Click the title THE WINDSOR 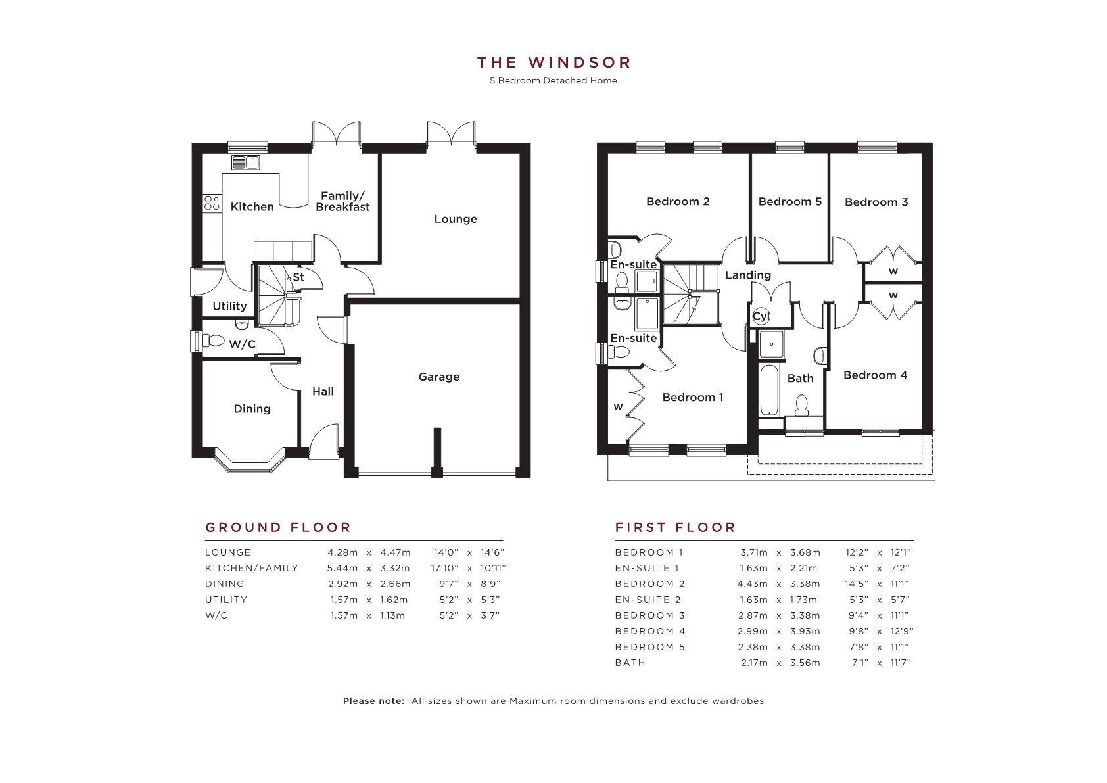553,62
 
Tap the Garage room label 439,377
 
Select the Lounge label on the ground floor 456,219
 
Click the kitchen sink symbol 246,162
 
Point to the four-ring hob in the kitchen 212,203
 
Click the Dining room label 252,409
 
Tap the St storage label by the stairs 298,277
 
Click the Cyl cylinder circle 761,316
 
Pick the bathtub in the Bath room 769,391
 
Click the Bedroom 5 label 789,202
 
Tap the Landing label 747,275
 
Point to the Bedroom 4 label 875,375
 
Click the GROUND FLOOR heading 278,527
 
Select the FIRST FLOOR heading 676,527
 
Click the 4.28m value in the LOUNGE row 342,552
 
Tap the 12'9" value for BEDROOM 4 902,631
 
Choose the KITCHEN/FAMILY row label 252,568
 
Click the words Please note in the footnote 373,701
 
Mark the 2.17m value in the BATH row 754,663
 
